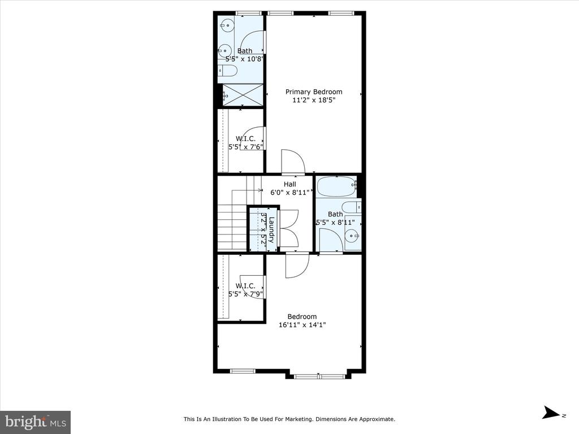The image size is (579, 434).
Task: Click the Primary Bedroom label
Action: [314, 92]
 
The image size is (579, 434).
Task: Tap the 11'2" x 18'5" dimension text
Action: [314, 100]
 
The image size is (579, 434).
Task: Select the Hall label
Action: [290, 184]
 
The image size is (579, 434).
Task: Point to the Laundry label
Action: [272, 230]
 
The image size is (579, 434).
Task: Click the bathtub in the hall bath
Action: [337, 186]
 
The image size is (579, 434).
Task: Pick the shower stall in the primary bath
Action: [243, 95]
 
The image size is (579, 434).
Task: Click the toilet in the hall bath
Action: [351, 207]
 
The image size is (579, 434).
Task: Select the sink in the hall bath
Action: [353, 235]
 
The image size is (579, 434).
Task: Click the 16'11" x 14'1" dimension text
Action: [303, 325]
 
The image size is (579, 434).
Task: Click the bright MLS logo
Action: [36, 422]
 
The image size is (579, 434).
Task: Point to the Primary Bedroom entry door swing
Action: [293, 161]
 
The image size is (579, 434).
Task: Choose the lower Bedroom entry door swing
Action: [297, 266]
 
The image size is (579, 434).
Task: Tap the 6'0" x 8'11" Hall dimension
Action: [290, 192]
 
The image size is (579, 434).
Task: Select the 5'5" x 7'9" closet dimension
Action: [245, 294]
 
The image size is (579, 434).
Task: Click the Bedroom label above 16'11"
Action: [302, 316]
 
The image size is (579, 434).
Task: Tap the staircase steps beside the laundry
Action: [232, 228]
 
